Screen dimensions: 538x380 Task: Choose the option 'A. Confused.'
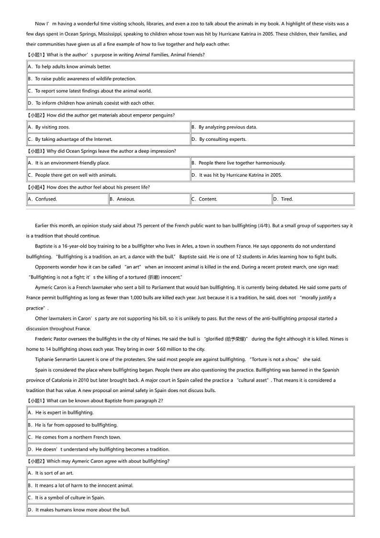(43, 199)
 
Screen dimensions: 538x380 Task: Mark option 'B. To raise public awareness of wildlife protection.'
(82, 78)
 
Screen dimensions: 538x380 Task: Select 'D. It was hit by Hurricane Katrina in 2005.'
(237, 175)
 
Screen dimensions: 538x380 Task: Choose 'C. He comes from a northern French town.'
(75, 437)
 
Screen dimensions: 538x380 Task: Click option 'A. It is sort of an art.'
(51, 473)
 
